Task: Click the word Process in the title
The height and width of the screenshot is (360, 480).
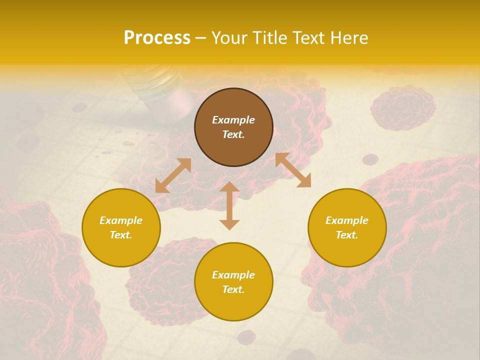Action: coord(157,38)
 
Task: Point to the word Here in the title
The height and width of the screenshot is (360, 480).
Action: coord(348,38)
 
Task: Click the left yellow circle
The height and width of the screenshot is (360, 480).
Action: coord(121,227)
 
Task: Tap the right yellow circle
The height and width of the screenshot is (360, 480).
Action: coord(347,227)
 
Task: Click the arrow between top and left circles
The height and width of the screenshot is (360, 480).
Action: coord(173,175)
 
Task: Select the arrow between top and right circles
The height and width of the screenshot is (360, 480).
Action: coord(293,170)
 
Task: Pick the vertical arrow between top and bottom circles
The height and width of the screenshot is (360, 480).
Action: coord(229,205)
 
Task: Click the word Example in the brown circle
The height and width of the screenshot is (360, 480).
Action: coord(233,120)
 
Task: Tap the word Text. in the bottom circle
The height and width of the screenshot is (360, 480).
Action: coord(233,289)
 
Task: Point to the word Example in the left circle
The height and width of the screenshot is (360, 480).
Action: coord(121,220)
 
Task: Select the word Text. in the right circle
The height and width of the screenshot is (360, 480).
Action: coord(347,235)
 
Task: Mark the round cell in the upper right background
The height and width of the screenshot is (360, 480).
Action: coord(403,107)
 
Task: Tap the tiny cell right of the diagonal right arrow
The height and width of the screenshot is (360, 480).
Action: coord(370,159)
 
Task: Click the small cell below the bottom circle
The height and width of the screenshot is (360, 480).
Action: coord(246,337)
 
